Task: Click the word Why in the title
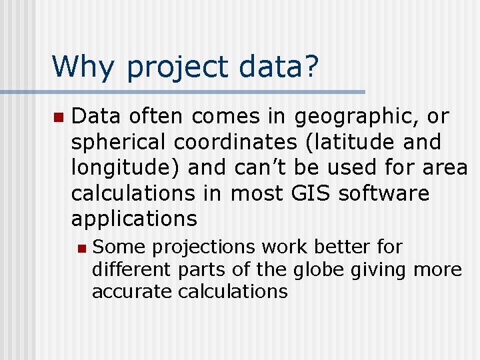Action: pyautogui.click(x=83, y=67)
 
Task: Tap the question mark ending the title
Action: pyautogui.click(x=311, y=67)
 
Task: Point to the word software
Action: pyautogui.click(x=384, y=193)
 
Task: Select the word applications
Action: pyautogui.click(x=134, y=219)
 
